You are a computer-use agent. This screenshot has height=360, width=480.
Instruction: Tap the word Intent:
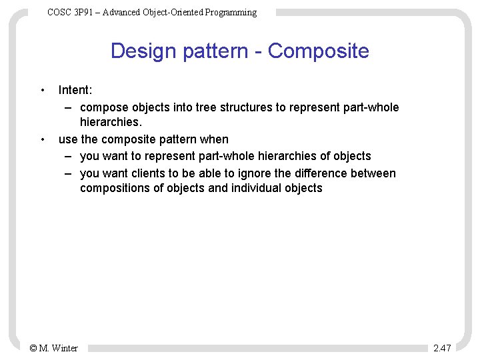click(x=75, y=90)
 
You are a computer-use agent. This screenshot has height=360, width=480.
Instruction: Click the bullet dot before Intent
click(x=42, y=90)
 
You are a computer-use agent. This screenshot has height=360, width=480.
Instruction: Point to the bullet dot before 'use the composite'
click(x=42, y=139)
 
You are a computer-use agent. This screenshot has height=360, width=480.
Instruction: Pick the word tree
click(x=206, y=107)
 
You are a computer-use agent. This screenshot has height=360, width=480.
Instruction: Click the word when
click(x=214, y=139)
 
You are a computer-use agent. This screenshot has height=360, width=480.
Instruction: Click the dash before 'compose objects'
click(x=69, y=107)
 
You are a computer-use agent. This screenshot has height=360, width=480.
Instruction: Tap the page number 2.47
click(x=442, y=348)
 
